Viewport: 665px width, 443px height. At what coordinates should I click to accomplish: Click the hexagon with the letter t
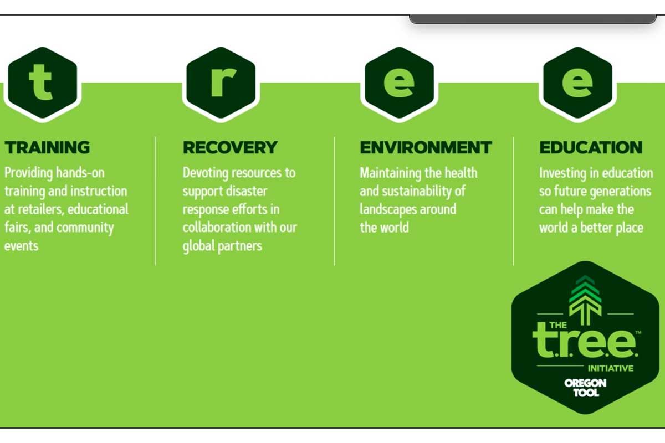[43, 83]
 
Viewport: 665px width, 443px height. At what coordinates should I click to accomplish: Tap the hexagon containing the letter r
[221, 83]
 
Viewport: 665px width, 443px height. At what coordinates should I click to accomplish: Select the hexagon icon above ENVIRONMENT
[400, 83]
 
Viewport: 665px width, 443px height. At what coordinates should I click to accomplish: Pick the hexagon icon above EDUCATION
[577, 83]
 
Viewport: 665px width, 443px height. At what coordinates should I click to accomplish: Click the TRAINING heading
[47, 147]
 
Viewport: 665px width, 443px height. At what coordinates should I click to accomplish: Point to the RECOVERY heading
[230, 147]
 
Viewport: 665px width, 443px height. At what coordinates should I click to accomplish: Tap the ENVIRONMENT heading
[426, 147]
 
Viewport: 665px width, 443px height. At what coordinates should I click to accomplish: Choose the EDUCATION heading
[591, 147]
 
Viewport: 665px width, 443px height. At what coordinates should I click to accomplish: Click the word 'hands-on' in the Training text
[80, 173]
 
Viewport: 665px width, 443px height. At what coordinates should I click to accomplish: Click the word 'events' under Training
[22, 246]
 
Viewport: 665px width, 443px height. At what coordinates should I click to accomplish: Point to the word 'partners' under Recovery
[240, 246]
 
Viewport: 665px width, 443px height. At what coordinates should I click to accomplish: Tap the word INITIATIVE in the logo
[611, 368]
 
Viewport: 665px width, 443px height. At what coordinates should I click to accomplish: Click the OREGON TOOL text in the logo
[585, 388]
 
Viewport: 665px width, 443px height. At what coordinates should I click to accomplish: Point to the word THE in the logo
[558, 325]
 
